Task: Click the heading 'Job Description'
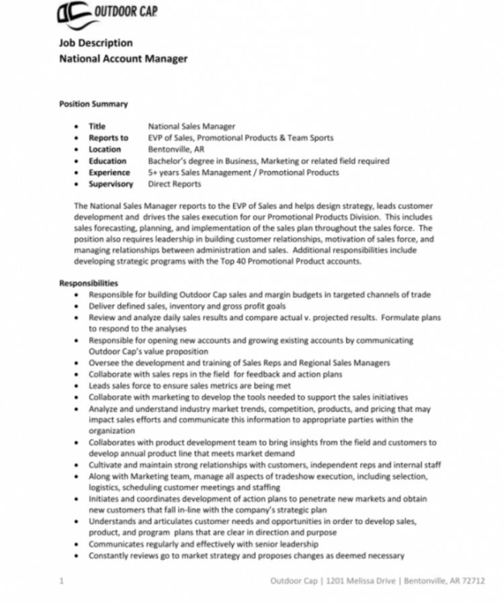pyautogui.click(x=95, y=43)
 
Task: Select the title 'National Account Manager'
pyautogui.click(x=123, y=58)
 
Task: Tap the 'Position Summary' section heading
pyautogui.click(x=93, y=104)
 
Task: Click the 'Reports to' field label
pyautogui.click(x=108, y=138)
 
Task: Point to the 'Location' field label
pyautogui.click(x=105, y=149)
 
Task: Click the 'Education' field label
pyautogui.click(x=108, y=160)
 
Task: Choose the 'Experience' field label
pyautogui.click(x=110, y=172)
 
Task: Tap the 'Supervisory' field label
pyautogui.click(x=111, y=183)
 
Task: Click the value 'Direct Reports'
pyautogui.click(x=174, y=183)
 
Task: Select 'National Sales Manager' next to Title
pyautogui.click(x=192, y=126)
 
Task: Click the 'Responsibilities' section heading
pyautogui.click(x=88, y=283)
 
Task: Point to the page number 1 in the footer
pyautogui.click(x=61, y=581)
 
